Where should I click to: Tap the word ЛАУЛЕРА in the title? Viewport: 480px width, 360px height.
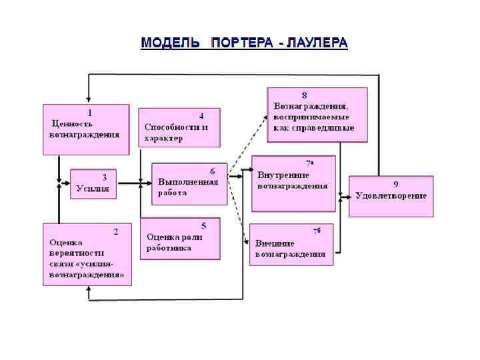click(x=317, y=43)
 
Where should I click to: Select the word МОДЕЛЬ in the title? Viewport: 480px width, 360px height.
click(x=170, y=43)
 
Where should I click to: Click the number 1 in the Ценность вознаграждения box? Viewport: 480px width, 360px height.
click(x=90, y=112)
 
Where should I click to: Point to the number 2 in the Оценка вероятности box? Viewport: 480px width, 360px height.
click(x=115, y=232)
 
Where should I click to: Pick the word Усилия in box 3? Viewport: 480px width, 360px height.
click(x=92, y=189)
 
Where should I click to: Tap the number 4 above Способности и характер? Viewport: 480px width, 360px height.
click(x=201, y=115)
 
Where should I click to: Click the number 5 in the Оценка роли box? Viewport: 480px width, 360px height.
click(x=203, y=225)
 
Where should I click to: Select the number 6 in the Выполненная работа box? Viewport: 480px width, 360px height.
click(x=212, y=171)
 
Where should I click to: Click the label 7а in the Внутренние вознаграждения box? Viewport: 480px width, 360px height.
click(x=310, y=162)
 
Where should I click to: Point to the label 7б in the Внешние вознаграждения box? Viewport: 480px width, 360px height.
click(x=317, y=231)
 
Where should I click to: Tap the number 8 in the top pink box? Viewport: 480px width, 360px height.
click(x=304, y=95)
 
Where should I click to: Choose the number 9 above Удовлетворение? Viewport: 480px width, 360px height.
click(x=395, y=183)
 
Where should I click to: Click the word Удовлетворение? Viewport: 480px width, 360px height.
click(x=391, y=195)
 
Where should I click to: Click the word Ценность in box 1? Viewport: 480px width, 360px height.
click(x=73, y=123)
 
